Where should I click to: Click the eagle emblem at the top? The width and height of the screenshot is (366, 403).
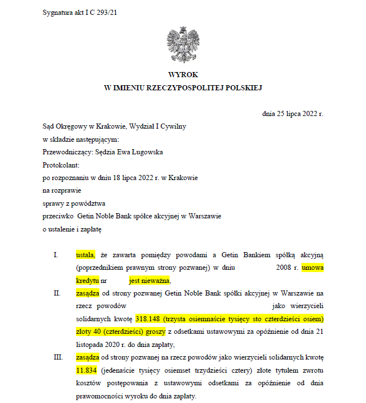tap(183, 44)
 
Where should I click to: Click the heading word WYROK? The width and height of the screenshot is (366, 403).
tap(183, 75)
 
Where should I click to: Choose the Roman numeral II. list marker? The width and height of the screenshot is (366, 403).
tap(57, 293)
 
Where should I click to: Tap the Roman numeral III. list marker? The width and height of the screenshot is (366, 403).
tap(58, 357)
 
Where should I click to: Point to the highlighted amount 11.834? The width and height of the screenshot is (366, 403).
tap(87, 370)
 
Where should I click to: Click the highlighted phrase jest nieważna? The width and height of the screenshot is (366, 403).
tap(150, 280)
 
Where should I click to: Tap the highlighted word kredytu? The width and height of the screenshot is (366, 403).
tap(87, 280)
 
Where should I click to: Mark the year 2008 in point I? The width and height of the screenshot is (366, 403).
tap(280, 267)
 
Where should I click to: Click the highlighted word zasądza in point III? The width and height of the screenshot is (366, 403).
tap(88, 357)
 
